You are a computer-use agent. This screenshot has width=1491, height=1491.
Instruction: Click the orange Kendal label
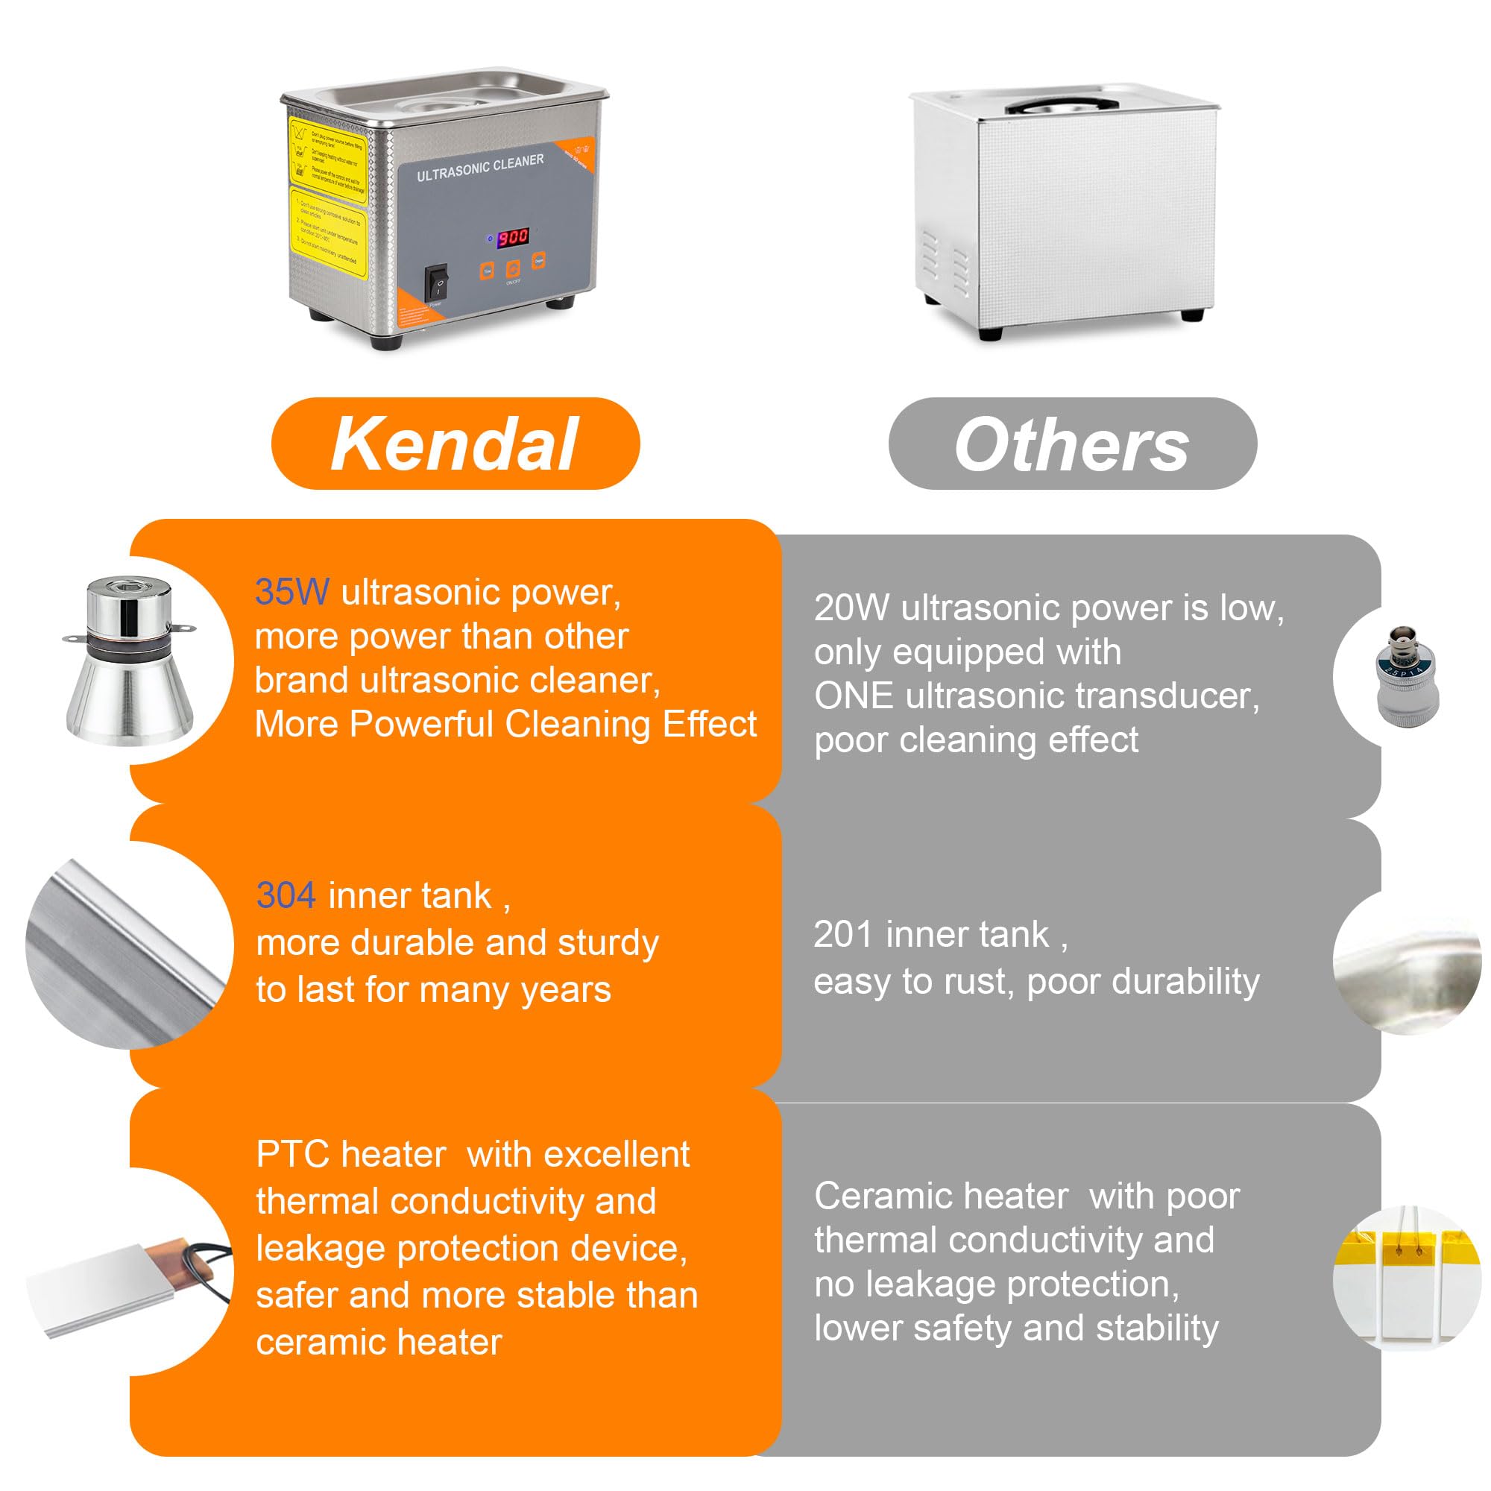click(456, 444)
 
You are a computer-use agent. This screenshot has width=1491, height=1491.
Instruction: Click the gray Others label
click(1072, 444)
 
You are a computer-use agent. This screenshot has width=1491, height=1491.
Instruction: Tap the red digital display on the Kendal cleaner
click(512, 237)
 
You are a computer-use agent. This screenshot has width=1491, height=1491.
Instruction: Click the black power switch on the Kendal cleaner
click(437, 283)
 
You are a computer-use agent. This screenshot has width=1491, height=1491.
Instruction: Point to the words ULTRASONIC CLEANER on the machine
click(480, 168)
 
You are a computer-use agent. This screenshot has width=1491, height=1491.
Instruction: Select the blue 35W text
click(291, 593)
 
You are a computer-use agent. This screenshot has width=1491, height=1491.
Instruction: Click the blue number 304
click(286, 896)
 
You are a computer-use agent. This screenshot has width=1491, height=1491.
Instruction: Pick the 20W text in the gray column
click(851, 608)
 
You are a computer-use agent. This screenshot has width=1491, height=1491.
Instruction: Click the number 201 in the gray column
click(842, 935)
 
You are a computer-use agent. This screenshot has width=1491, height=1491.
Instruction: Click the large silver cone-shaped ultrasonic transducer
click(129, 661)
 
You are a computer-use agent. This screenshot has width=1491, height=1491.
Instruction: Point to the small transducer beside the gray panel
click(1407, 677)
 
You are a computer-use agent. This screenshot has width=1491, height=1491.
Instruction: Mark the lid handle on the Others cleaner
click(1062, 106)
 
